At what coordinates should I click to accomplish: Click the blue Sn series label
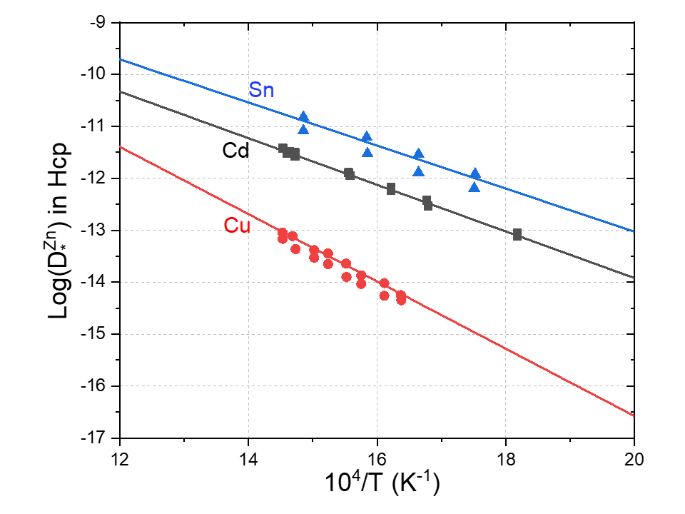pos(261,90)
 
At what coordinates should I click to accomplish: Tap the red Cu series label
pos(236,226)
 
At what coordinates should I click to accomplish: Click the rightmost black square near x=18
pos(517,234)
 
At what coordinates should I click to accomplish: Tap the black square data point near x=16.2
pos(391,189)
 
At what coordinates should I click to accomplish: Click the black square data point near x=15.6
pos(349,173)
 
